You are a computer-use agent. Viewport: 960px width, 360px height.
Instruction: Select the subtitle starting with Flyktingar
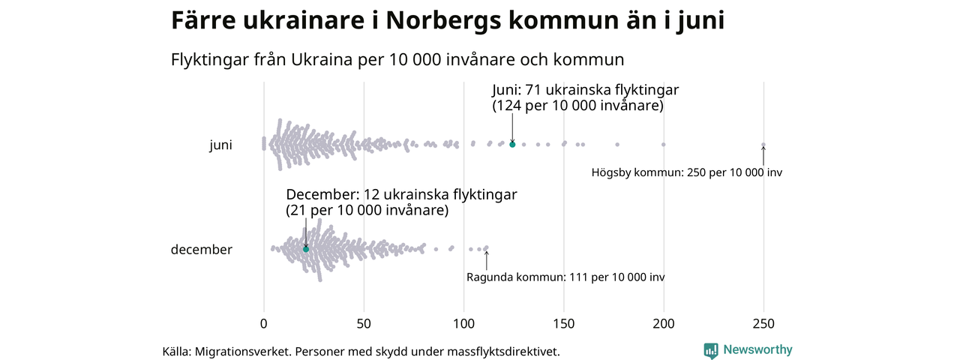click(x=397, y=59)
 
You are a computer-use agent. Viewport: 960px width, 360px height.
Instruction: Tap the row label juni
click(x=220, y=145)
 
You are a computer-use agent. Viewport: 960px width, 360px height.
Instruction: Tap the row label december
click(x=202, y=250)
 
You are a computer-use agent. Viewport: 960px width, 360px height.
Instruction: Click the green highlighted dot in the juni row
click(x=512, y=144)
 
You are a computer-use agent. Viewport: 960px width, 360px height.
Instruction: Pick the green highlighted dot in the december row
click(x=306, y=249)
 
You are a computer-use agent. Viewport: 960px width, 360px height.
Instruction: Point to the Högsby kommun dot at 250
click(x=763, y=145)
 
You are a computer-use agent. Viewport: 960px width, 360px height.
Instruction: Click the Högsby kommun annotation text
click(x=686, y=172)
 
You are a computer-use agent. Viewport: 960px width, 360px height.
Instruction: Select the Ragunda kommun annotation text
click(x=565, y=277)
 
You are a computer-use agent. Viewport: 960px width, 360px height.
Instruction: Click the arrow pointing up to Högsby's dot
click(x=763, y=155)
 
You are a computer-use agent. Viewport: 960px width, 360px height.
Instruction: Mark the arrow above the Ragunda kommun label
click(x=487, y=259)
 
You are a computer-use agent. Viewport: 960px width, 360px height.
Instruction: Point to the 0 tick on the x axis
click(x=263, y=324)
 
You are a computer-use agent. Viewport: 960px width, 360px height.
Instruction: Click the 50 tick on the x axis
click(x=364, y=324)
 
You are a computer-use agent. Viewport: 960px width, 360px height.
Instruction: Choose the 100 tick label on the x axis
click(x=463, y=324)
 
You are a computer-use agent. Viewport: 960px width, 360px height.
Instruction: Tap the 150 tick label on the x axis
click(x=563, y=324)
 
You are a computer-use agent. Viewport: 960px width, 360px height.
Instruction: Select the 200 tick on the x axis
click(x=664, y=324)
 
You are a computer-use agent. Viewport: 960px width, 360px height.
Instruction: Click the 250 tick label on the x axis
click(x=763, y=324)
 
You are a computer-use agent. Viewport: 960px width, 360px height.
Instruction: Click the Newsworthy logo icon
click(x=711, y=350)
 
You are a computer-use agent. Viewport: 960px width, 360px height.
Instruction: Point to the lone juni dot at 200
click(x=664, y=144)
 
